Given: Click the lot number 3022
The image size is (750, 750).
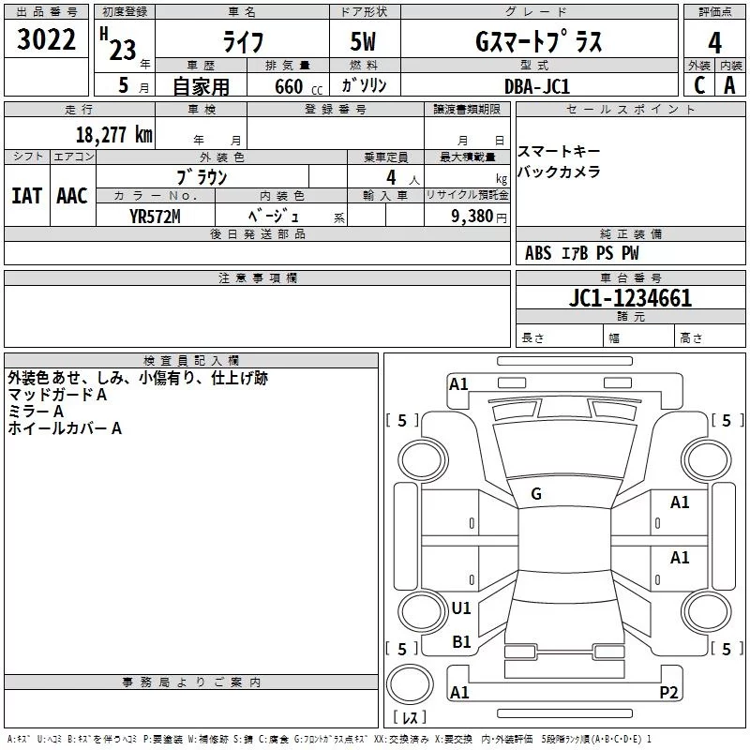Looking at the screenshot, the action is tap(47, 41).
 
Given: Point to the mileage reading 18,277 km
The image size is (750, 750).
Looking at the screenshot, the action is tap(113, 135).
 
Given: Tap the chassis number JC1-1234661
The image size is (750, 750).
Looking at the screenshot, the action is tap(631, 298).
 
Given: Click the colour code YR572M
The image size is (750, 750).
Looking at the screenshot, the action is tap(155, 216).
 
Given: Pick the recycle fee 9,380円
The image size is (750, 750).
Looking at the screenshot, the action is tap(478, 216).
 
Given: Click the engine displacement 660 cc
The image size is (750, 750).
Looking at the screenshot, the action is tap(288, 86).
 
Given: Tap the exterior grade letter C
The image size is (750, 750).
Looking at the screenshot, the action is tap(699, 85).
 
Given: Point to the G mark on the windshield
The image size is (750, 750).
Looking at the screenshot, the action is tap(536, 494).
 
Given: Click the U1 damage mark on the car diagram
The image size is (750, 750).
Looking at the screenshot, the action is tap(461, 608).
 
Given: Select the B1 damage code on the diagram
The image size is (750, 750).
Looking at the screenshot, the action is tap(461, 642).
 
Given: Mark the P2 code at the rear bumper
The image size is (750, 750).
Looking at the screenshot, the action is tap(668, 692).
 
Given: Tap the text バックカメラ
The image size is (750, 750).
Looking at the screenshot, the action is tap(559, 172).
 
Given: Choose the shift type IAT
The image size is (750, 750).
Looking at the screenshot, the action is tap(26, 196).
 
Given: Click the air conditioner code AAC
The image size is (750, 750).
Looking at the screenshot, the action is tap(71, 196).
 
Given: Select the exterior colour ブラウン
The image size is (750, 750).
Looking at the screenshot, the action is tap(202, 176).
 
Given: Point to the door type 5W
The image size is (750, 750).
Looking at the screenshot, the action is tap(365, 42).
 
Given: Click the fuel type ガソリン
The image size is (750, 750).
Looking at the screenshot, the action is tap(365, 85).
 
